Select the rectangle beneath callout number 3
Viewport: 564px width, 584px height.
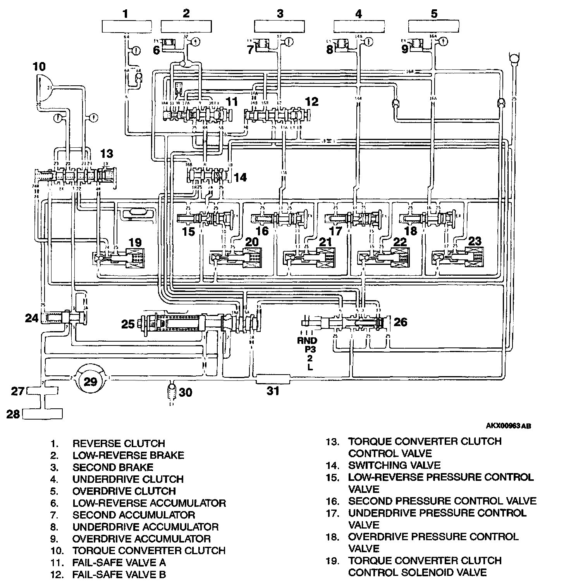(280, 26)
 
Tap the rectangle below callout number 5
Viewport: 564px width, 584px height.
(434, 26)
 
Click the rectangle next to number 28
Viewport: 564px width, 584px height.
(42, 414)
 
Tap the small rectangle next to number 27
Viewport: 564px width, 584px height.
(42, 391)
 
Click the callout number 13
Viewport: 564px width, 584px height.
(107, 154)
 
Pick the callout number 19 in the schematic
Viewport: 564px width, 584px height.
(135, 243)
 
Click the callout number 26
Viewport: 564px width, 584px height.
(401, 321)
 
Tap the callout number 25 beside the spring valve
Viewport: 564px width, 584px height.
(128, 324)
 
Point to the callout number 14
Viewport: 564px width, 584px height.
(240, 177)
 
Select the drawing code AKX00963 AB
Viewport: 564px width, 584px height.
(508, 426)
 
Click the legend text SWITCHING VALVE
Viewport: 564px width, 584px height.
(394, 465)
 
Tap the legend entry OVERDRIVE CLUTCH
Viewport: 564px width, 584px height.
(124, 491)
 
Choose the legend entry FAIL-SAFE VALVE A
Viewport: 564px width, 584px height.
(119, 562)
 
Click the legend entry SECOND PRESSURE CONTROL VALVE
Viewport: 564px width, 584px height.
(442, 501)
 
